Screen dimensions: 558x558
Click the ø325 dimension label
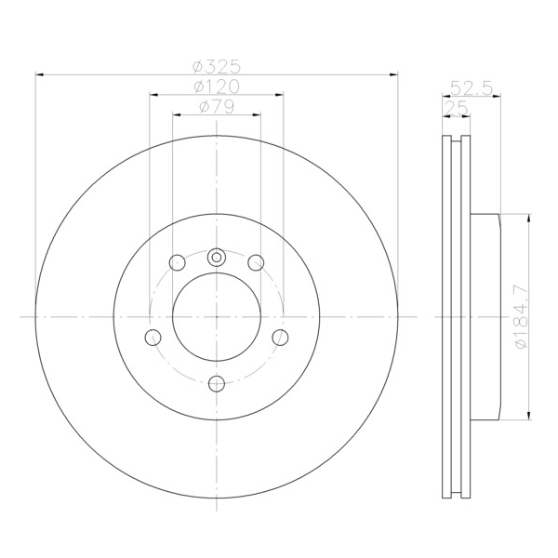click(217, 66)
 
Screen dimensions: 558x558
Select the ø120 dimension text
click(217, 86)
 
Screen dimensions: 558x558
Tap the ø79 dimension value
click(217, 106)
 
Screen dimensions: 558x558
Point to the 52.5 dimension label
click(472, 88)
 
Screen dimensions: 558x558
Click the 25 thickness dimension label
click(457, 108)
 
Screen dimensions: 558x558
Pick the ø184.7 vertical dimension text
click(522, 317)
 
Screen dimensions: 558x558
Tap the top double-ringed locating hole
click(217, 257)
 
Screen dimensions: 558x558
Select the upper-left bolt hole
click(178, 262)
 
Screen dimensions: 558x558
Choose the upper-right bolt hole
click(256, 262)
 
